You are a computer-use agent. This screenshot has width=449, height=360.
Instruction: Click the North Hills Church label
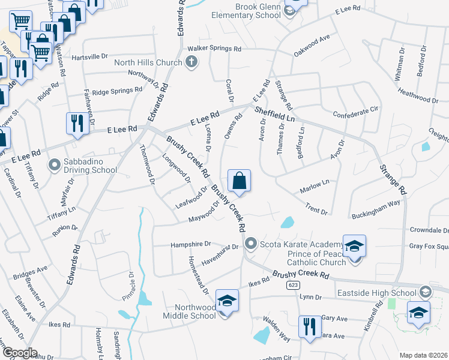(148, 62)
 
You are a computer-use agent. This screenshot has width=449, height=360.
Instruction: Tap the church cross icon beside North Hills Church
(191, 61)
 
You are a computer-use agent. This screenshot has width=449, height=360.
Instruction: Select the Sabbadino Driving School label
(91, 166)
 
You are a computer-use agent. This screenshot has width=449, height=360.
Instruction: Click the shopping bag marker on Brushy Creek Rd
(239, 181)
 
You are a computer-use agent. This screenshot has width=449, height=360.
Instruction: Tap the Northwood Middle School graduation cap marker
(227, 301)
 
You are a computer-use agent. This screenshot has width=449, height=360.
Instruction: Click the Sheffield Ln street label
(274, 115)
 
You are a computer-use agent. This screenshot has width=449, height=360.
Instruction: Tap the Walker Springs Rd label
(214, 49)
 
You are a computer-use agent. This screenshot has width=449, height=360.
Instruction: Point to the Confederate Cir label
(357, 110)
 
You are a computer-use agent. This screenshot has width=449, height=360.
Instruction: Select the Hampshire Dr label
(191, 244)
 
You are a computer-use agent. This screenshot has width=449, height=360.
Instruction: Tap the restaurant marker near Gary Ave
(309, 327)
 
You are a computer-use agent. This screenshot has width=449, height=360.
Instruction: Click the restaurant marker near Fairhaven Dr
(77, 124)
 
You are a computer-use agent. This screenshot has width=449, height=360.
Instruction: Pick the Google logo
(20, 352)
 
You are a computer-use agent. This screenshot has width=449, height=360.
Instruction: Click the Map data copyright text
(423, 355)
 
